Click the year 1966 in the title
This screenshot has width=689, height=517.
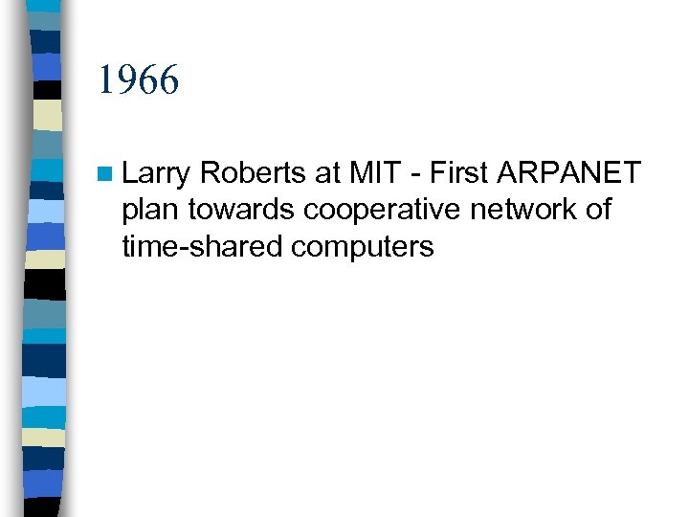(x=138, y=80)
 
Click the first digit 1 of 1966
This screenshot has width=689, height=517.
(x=104, y=80)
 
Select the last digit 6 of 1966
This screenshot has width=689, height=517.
(x=168, y=80)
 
